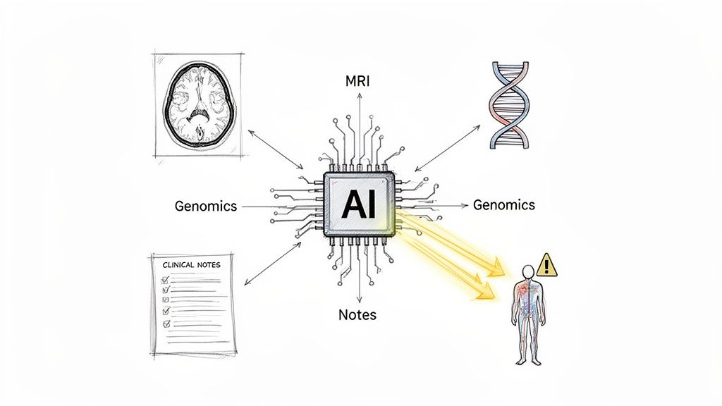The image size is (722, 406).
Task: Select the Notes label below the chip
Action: [357, 315]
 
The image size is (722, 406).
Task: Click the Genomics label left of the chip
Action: [205, 207]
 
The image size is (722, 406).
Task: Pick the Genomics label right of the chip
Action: [503, 205]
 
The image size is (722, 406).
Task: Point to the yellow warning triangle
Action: [546, 266]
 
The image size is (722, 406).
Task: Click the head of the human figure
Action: [527, 271]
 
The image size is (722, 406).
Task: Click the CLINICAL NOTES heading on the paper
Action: [191, 265]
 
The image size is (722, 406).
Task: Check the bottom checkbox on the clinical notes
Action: [167, 324]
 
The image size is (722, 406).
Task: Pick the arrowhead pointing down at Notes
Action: [360, 302]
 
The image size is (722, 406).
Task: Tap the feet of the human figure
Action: [528, 361]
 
